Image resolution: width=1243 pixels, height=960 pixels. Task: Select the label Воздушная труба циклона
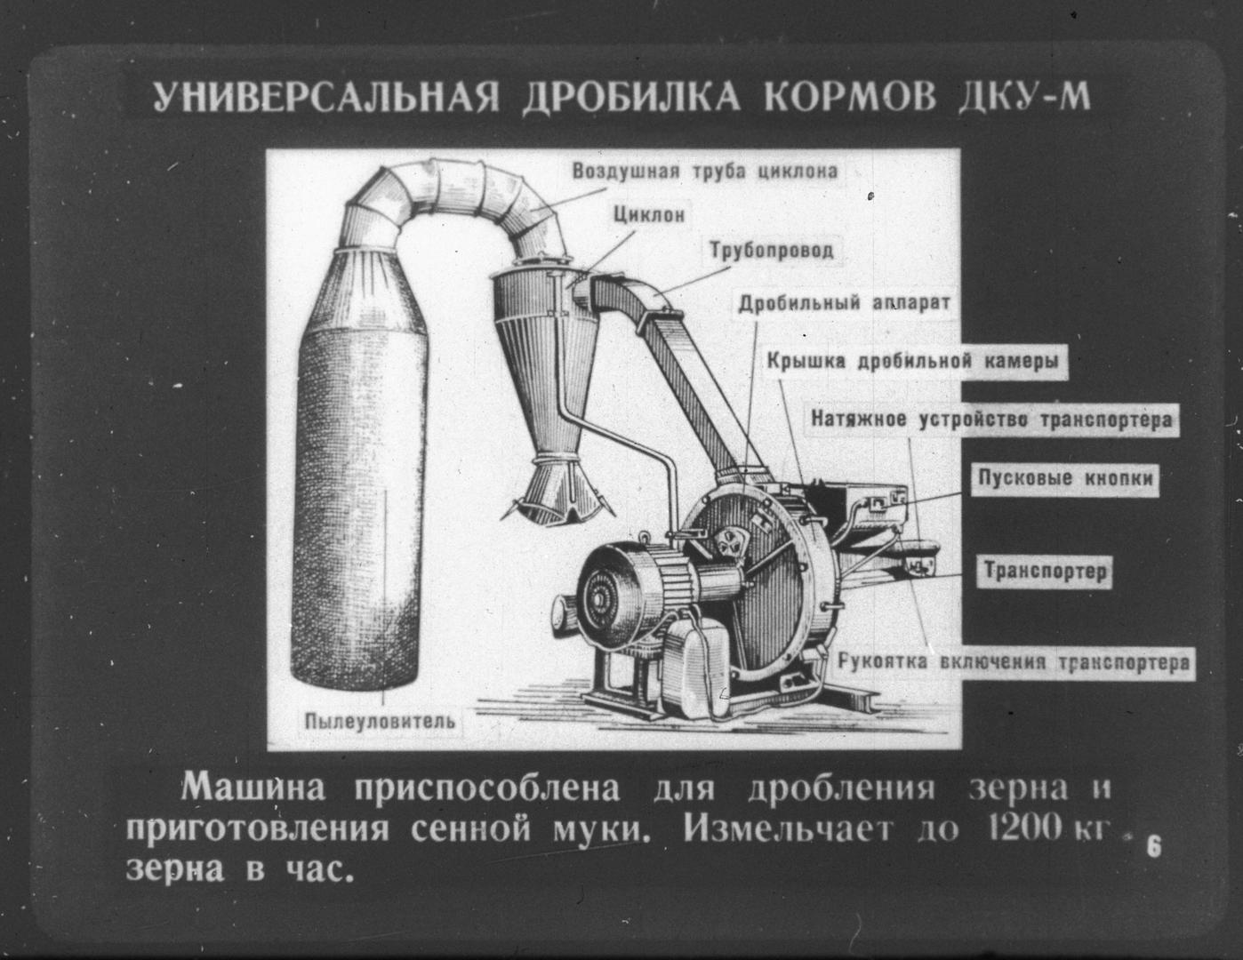point(706,171)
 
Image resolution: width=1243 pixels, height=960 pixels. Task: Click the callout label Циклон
point(649,215)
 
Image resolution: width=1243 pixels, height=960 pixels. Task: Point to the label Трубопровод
point(772,251)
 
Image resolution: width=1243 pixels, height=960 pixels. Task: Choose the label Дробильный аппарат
point(845,302)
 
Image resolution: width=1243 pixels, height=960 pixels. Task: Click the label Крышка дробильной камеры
point(913,362)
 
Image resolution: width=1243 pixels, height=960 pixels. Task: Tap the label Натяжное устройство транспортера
point(991,420)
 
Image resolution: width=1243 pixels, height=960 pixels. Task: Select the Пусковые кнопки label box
point(1064,477)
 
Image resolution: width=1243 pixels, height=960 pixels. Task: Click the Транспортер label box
point(1045,572)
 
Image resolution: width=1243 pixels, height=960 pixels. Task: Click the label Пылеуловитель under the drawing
point(380,721)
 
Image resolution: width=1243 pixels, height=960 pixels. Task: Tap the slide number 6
point(1153,847)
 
